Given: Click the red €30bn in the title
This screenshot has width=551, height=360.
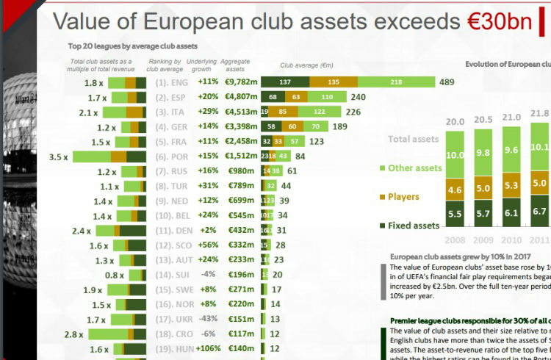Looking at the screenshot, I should point(499,22).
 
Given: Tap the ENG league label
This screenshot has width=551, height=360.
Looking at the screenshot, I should point(179,82).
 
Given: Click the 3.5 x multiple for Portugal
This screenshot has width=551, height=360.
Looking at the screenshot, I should point(59,156).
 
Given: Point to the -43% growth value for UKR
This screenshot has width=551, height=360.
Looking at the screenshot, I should point(207,319).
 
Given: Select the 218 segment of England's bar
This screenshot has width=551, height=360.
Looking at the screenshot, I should point(396,82).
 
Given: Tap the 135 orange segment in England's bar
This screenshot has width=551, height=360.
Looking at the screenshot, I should point(333,82).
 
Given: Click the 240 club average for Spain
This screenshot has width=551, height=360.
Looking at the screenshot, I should point(359,97).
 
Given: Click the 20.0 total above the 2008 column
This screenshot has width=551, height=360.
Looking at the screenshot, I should point(455,122).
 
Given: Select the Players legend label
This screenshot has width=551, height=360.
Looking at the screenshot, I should point(403,197).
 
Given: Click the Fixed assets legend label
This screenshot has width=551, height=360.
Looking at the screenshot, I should point(414,225).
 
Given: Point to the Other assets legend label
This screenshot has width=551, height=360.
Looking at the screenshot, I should point(414,168).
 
